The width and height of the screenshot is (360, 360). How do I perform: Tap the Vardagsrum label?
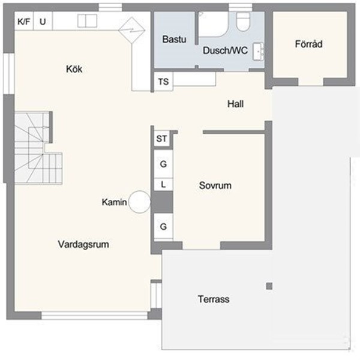[86, 244]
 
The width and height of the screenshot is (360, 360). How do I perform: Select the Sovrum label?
[215, 186]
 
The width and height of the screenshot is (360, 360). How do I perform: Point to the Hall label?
[235, 104]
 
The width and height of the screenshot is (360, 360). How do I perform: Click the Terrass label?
[213, 299]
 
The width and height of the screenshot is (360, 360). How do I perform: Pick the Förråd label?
[309, 44]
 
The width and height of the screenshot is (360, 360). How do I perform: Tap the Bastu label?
[175, 40]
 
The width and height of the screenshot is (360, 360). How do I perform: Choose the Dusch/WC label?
[224, 51]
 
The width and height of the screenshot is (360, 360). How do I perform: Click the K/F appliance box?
[24, 22]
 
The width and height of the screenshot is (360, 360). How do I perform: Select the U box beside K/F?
[43, 22]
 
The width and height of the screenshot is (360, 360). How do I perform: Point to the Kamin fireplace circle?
[140, 202]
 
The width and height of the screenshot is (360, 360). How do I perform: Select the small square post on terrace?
[269, 286]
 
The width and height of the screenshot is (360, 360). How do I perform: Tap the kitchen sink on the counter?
[87, 21]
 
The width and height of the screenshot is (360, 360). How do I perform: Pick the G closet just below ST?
[163, 163]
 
